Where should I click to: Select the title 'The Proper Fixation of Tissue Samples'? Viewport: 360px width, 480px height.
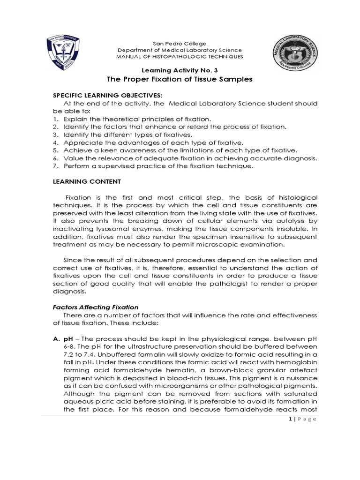tap(180, 80)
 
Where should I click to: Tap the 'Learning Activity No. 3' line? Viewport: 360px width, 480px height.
tap(180, 68)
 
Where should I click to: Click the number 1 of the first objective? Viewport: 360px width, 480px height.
tap(54, 119)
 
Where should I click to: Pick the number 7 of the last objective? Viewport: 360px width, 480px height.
tap(54, 166)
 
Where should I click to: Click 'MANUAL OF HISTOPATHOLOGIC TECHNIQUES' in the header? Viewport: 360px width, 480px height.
tap(180, 56)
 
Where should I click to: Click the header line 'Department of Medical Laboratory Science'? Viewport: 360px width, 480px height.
tap(180, 50)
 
